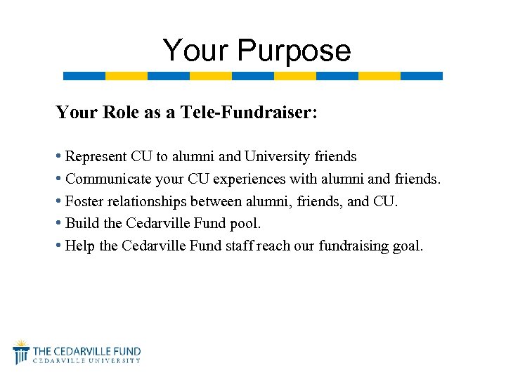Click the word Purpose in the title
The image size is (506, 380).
click(x=294, y=51)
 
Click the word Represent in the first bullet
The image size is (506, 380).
click(x=96, y=156)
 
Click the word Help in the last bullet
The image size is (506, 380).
click(x=79, y=246)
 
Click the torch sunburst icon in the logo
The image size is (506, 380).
click(x=21, y=351)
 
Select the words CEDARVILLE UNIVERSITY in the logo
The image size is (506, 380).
click(x=86, y=360)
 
